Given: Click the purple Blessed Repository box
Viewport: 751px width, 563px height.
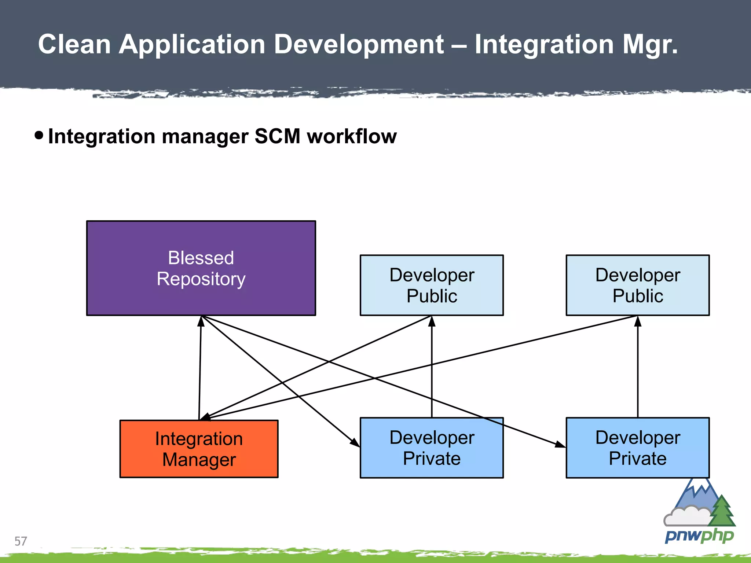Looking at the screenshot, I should coord(201,268).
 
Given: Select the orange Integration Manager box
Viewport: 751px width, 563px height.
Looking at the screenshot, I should coord(199,449).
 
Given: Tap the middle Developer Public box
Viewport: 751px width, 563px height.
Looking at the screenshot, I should coord(432,285).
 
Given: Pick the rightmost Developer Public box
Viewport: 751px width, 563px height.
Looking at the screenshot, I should coord(638,285).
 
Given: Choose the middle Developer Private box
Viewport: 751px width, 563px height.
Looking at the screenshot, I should coord(432,448).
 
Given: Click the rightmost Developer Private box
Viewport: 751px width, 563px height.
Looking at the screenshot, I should coord(638,448).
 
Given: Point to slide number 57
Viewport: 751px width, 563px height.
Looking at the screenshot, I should coord(21,541).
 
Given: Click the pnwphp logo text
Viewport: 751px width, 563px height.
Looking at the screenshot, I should coord(699,536).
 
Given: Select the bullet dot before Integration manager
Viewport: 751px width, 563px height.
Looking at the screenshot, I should coord(39,135).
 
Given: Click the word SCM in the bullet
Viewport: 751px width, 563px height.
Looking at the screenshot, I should coord(277,136).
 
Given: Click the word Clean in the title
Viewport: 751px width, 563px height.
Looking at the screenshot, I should coord(74,44).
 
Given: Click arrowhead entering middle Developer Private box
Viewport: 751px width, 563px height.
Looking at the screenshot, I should coord(355,442).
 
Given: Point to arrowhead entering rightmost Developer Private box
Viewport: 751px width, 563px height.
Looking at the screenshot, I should coord(560,445).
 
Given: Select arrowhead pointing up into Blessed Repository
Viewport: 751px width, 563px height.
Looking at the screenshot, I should coord(201,321).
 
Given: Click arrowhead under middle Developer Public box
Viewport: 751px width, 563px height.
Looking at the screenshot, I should coord(432,321).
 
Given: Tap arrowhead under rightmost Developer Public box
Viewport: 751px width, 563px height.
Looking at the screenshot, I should coord(638,321).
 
